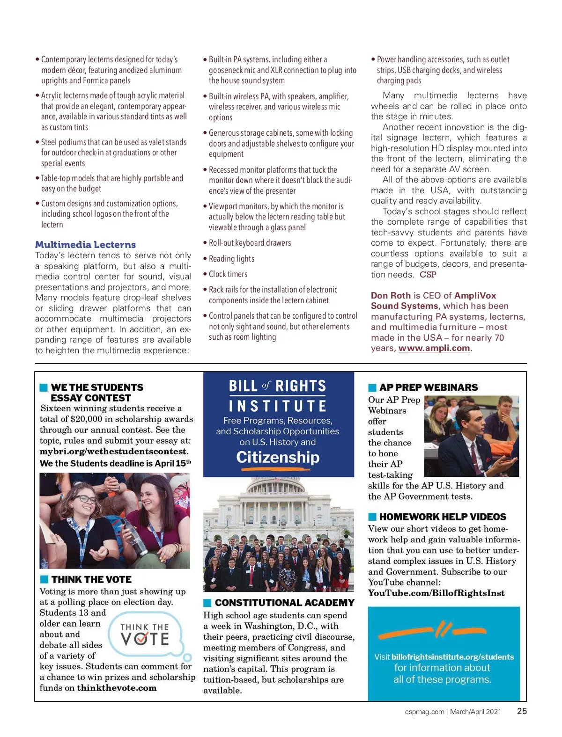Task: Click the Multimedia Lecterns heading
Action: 85,244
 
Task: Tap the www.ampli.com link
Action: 434,348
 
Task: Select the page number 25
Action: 522,711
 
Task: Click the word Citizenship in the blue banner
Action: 278,457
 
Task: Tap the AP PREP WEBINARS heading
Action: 429,387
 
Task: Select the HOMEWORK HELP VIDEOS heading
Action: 443,517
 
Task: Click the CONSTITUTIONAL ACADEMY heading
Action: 284,603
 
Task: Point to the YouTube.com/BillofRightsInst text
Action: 436,593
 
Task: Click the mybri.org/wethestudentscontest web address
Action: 113,452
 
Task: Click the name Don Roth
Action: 391,296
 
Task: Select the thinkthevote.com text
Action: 117,688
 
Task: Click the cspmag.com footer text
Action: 424,712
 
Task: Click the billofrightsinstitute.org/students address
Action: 452,657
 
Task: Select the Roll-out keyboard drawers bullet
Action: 250,243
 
